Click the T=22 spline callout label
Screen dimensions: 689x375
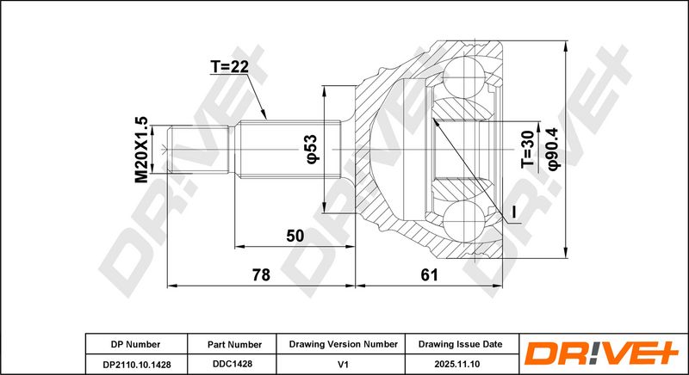point(229,67)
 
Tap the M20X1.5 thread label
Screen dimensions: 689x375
point(141,150)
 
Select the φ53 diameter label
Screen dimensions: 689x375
point(311,150)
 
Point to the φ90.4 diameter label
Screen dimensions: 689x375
point(553,150)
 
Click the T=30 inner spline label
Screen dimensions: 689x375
point(528,150)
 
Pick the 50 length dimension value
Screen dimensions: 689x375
point(295,236)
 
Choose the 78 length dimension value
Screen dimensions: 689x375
point(261,275)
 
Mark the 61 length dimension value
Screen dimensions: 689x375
point(429,275)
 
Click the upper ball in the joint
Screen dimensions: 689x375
point(464,78)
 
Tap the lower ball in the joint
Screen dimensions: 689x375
point(464,222)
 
